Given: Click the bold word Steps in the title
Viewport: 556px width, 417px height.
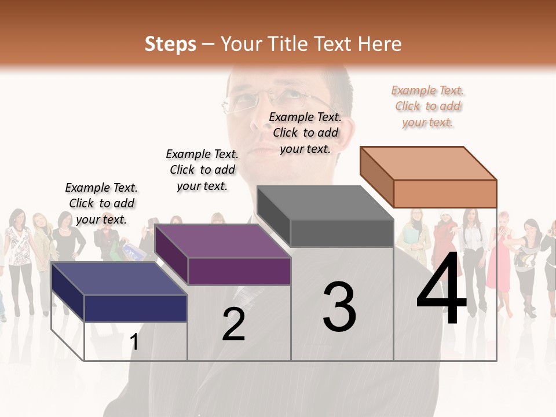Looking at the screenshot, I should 170,44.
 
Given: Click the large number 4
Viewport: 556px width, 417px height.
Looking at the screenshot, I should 441,290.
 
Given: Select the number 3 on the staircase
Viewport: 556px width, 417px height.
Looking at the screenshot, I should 339,306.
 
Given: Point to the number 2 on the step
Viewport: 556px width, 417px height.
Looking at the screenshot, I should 233,324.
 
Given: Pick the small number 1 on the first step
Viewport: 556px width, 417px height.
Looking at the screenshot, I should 134,342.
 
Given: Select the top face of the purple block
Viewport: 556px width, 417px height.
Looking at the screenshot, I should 222,241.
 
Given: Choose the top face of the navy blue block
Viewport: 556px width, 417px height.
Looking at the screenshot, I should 119,279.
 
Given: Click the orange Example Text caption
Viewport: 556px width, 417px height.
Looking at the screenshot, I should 427,106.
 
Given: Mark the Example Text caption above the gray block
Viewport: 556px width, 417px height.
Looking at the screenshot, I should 305,133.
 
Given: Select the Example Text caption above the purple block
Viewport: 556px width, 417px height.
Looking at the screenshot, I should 202,170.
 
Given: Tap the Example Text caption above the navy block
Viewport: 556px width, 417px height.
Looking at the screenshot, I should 101,203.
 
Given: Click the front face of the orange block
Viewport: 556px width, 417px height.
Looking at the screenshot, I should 445,193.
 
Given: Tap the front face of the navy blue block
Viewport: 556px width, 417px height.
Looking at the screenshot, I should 136,308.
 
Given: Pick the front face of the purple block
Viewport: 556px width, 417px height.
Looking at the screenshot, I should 239,271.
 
